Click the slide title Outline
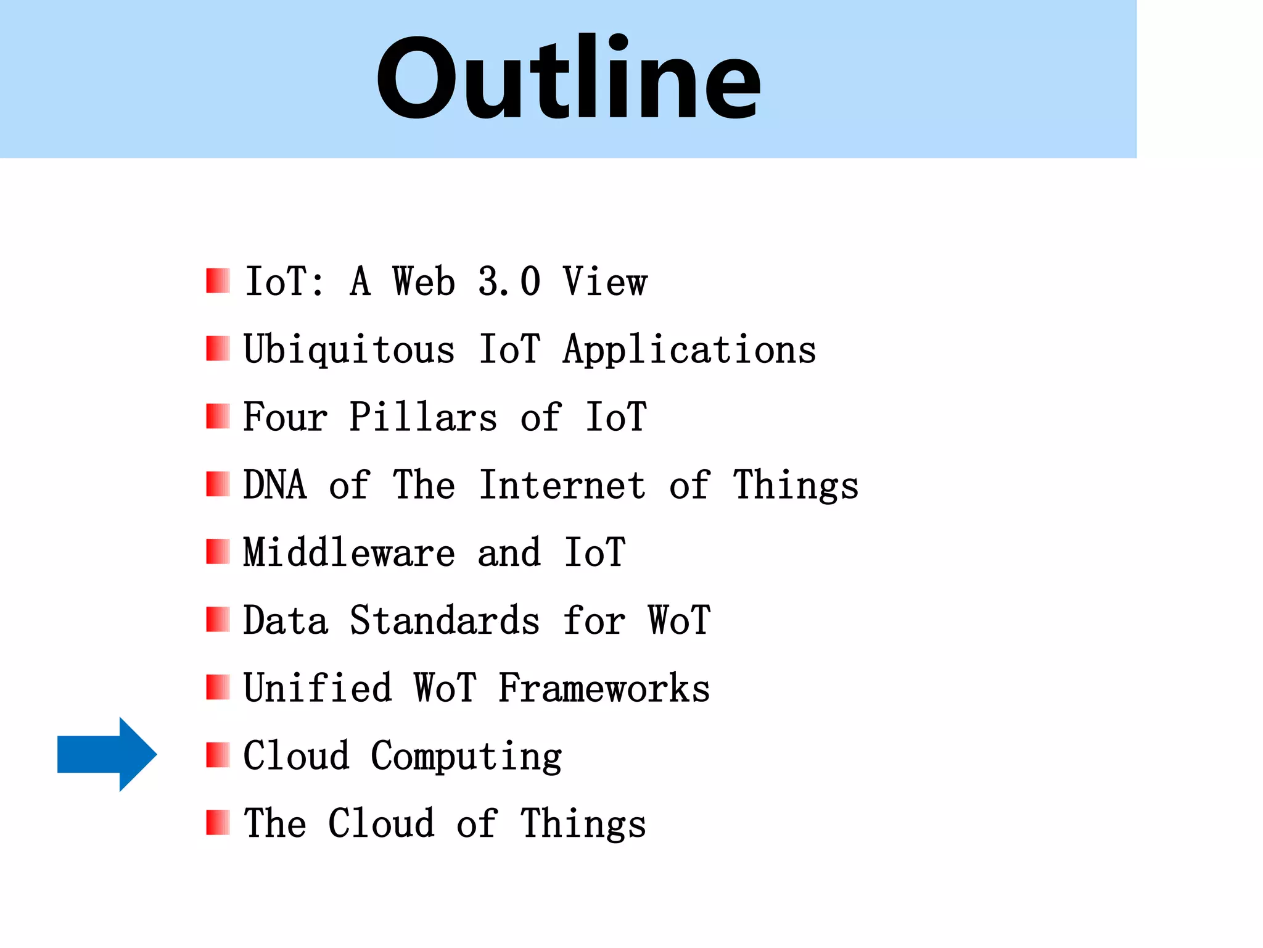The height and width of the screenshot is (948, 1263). coord(568,78)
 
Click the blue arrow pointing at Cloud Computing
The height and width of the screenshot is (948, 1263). coord(106,754)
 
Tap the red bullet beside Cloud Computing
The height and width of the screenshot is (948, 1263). coord(218,755)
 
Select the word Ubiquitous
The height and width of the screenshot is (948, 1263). coord(349,350)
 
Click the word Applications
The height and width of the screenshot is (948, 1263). coord(689,350)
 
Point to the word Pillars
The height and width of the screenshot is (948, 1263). coord(422,417)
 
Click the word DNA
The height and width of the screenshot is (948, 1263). coord(274,484)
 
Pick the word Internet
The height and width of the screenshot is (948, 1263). coord(562,484)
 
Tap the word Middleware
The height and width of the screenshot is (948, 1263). coord(349,552)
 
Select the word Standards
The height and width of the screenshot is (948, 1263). coord(445,620)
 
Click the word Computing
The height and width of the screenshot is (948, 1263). coord(466,756)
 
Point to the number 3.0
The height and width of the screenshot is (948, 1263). coord(509,282)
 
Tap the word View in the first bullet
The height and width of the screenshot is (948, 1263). coord(604,282)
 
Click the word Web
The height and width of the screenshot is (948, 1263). coord(424,282)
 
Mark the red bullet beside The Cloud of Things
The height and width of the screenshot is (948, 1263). coord(218,823)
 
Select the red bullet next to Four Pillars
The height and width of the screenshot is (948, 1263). coord(218,417)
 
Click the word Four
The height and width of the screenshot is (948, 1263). coord(285,417)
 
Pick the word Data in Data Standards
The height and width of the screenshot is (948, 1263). coord(286,620)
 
